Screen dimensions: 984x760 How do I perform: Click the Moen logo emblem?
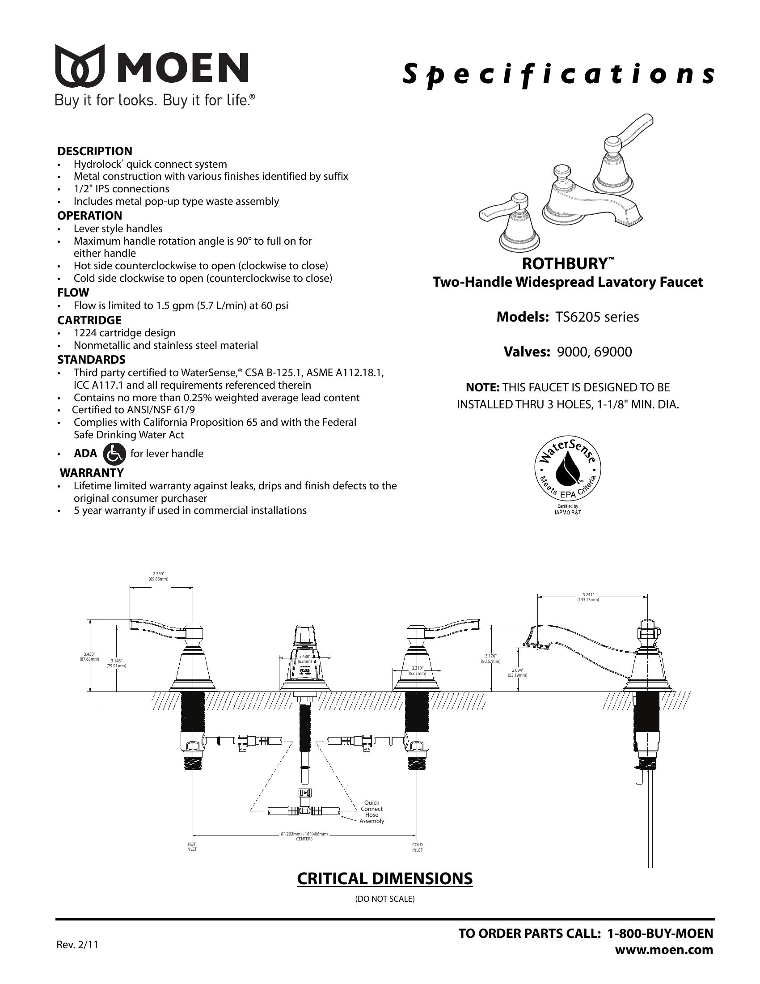(x=80, y=66)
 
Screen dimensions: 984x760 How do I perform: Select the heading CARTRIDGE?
(x=89, y=320)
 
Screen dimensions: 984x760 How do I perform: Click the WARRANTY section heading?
(x=92, y=473)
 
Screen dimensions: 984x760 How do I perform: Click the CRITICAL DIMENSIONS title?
(x=385, y=878)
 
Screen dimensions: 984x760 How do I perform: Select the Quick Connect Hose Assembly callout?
(x=372, y=811)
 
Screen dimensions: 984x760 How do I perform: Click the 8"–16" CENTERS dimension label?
(x=305, y=837)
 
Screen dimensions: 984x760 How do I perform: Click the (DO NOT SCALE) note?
(x=385, y=899)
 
